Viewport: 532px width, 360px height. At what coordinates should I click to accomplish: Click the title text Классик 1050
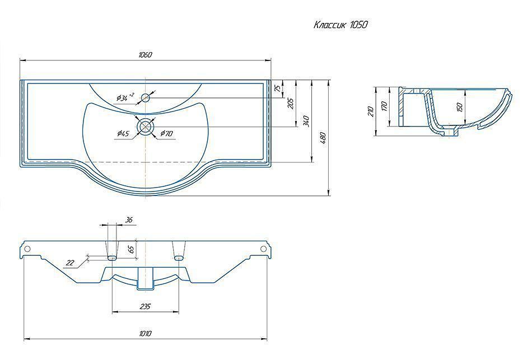tap(340, 25)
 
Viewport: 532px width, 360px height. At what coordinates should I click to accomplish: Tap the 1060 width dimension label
tap(145, 55)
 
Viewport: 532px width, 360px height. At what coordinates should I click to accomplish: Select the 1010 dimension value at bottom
tap(145, 334)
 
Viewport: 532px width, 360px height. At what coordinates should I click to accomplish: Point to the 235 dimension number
tap(145, 306)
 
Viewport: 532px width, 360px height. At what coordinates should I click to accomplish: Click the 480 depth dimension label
tap(323, 138)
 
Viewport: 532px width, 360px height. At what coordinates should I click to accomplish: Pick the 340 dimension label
tap(306, 121)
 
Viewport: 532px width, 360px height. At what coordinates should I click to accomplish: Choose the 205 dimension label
tap(291, 103)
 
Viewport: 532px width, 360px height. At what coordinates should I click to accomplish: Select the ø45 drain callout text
tap(123, 133)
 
